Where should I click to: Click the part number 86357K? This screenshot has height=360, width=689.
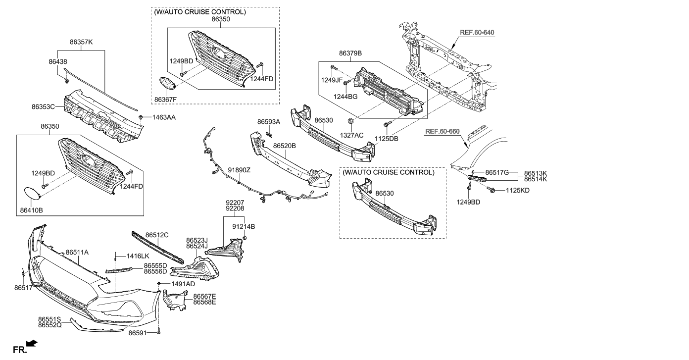point(81,43)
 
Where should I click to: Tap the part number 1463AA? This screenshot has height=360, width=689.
point(164,118)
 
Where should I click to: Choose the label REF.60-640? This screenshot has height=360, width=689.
point(477,33)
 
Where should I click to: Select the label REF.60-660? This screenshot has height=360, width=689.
point(443,132)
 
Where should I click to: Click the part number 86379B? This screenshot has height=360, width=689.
point(350,53)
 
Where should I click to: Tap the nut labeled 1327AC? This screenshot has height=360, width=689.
point(351,120)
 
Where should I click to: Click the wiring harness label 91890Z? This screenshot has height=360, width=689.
point(239,170)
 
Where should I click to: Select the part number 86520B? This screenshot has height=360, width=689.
point(284,146)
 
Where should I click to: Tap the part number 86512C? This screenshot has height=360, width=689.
point(157,235)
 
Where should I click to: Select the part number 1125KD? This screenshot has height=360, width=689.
point(517,190)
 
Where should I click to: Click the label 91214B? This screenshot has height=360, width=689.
point(244,226)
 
